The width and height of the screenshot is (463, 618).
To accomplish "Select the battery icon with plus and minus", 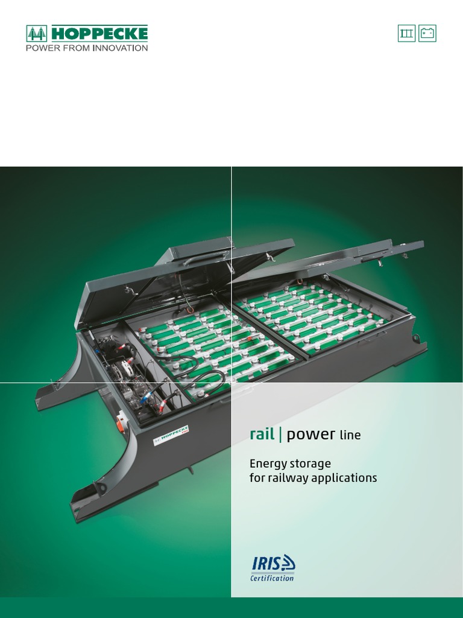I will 427,33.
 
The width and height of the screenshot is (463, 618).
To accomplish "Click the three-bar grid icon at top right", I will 407,33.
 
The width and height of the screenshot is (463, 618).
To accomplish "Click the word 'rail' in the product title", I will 262,435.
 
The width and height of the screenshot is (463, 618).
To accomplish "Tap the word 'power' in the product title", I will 310,435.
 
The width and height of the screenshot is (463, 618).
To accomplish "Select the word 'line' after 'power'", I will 350,435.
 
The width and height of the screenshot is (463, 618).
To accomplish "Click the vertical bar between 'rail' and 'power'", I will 280,435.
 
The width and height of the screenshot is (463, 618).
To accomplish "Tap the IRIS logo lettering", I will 266,564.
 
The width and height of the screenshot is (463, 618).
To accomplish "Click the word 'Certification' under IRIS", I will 272,578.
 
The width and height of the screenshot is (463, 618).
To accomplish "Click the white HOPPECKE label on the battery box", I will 171,433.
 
